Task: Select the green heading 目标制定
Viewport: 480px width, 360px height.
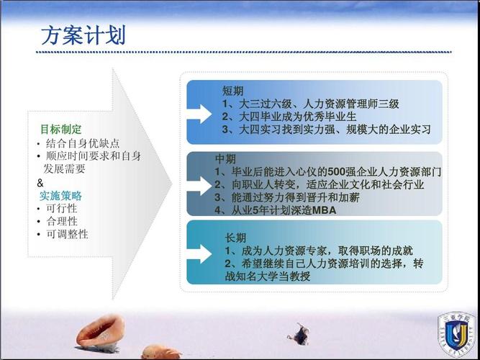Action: [60, 130]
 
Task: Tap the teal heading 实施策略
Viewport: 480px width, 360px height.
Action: [60, 196]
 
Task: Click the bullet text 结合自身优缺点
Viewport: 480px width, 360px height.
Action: [83, 143]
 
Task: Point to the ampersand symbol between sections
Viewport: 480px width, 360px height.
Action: [40, 183]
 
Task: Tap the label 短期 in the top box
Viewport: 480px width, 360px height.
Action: [232, 91]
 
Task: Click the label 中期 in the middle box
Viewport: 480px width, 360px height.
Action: [225, 158]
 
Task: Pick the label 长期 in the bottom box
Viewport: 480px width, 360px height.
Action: [235, 238]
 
